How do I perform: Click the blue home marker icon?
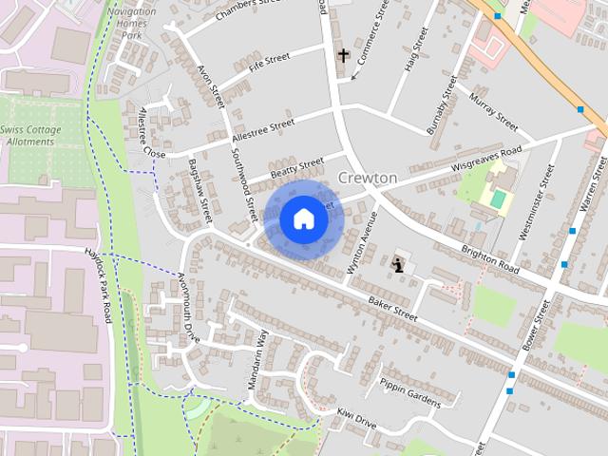click(304, 219)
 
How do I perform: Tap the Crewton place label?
click(368, 179)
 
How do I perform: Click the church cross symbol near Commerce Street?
click(343, 56)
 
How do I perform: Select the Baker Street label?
click(392, 307)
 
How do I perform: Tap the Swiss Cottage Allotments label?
click(31, 135)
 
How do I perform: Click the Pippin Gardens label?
click(410, 391)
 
